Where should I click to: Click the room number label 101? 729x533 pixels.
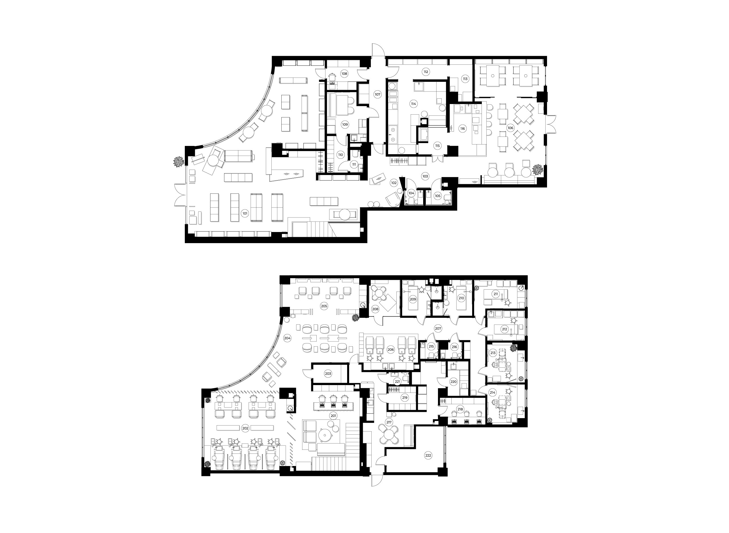[x=245, y=213]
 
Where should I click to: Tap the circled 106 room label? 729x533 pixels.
[x=511, y=128]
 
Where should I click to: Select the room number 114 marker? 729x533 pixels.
[x=413, y=104]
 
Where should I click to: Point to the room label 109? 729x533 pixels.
[x=345, y=125]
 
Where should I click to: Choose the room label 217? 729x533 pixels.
[x=389, y=422]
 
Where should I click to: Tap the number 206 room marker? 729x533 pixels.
[x=391, y=350]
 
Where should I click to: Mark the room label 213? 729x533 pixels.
[x=493, y=353]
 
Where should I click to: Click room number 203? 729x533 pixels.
[x=328, y=374]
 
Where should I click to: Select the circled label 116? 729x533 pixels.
[x=463, y=129]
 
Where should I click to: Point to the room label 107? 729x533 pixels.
[x=377, y=95]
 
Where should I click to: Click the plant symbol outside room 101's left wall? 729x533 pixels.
[x=179, y=161]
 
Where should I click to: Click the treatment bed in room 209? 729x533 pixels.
[x=413, y=299]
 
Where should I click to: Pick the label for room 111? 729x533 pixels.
[x=354, y=164]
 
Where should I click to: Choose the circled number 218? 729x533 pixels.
[x=460, y=409]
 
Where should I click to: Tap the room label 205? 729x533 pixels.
[x=324, y=306]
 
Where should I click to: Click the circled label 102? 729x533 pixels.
[x=394, y=183]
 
